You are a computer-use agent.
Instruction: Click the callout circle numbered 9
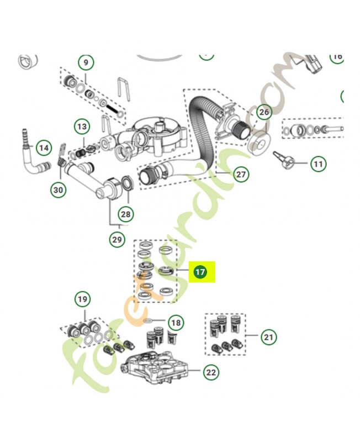coord(86,62)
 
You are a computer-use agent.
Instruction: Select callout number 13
coord(82,127)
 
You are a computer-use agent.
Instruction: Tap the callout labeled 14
coord(43,148)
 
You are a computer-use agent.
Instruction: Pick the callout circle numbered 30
coord(58,191)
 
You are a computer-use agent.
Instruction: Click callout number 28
coord(126,214)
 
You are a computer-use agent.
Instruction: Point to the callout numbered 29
coord(116,239)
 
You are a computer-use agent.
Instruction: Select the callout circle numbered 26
coord(264,113)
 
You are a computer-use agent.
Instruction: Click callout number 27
coord(241,175)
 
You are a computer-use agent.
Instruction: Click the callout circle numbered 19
coord(82,300)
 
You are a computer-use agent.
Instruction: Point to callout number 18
coord(176,322)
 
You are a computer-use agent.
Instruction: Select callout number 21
coord(268,336)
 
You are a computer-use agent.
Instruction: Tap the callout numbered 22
coord(211,372)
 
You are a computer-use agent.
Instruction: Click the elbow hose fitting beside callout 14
coord(28,161)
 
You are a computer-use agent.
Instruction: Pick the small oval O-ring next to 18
coord(148,320)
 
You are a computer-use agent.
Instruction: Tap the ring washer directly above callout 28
coord(126,182)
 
